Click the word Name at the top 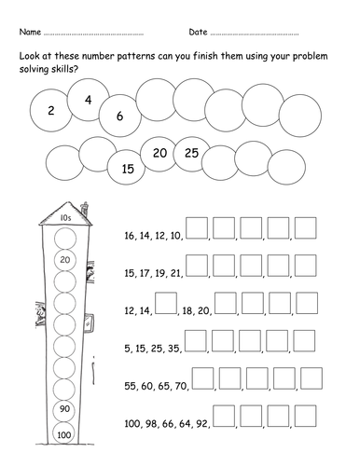30,32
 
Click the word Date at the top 198,32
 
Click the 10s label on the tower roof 65,218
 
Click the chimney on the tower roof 84,209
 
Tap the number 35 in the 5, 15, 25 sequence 174,349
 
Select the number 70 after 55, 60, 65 180,386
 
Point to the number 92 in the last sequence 202,423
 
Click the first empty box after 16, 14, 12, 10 197,228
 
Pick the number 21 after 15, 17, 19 176,273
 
